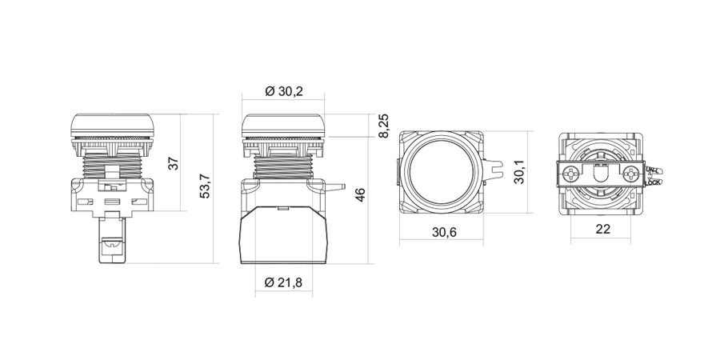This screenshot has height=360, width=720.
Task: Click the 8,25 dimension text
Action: [x=383, y=126]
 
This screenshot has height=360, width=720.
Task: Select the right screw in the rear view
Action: [x=634, y=174]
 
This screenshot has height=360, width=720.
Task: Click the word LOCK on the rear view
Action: [x=652, y=182]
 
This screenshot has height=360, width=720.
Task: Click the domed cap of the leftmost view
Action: [x=111, y=123]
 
